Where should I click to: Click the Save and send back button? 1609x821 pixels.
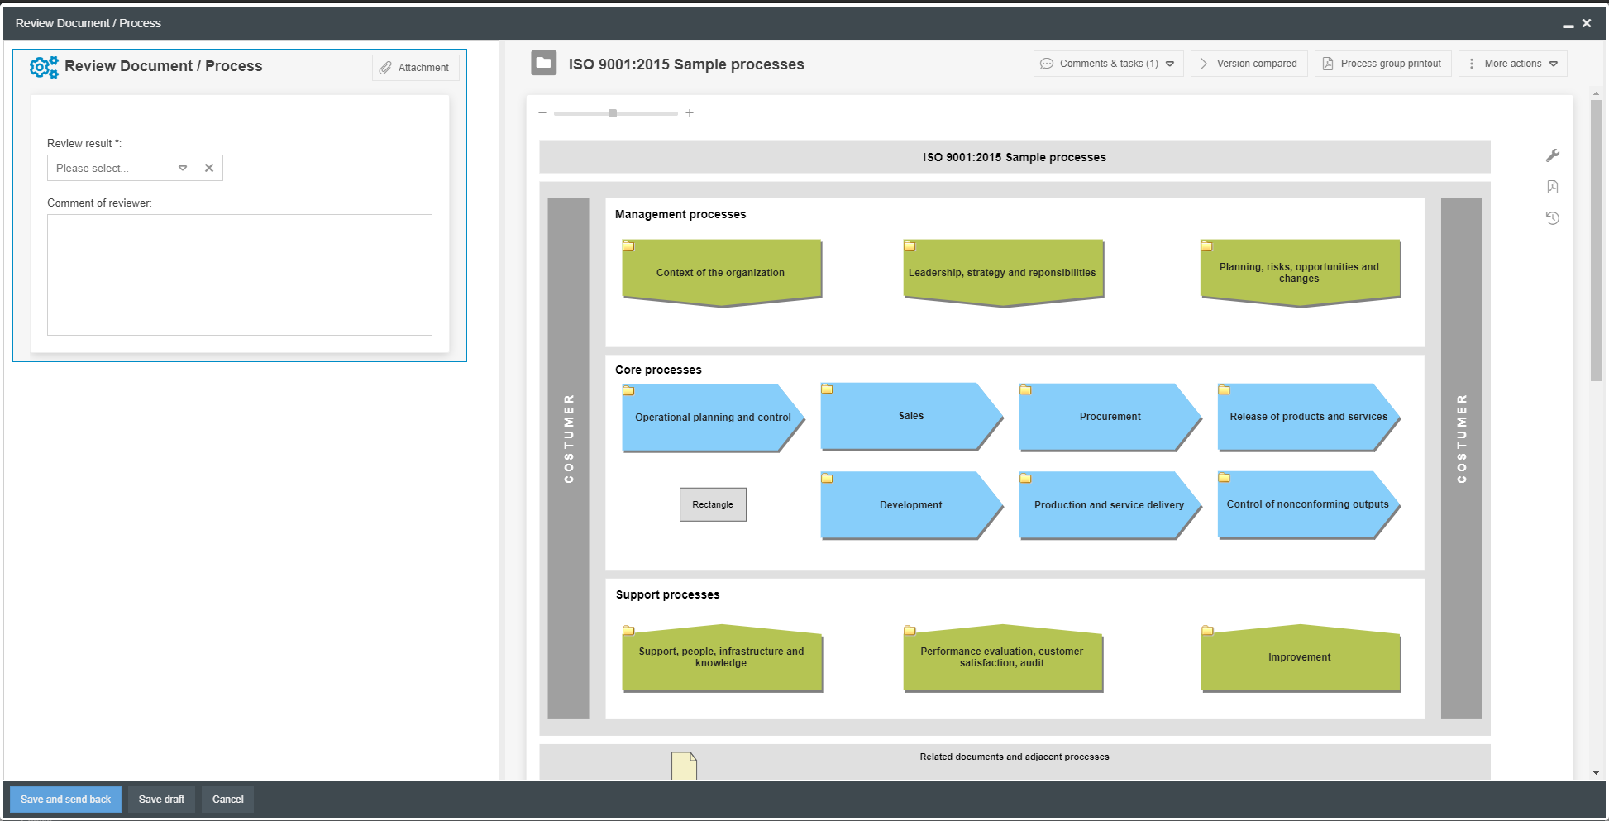pos(65,800)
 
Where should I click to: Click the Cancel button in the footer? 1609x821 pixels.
pos(227,800)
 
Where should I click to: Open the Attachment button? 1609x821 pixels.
pos(415,68)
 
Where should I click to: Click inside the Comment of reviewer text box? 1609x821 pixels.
pos(239,274)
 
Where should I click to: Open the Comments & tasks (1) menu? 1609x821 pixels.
pos(1107,64)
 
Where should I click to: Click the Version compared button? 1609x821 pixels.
pos(1249,64)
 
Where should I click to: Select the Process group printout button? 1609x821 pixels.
pos(1382,64)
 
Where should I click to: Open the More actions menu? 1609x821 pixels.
pos(1512,64)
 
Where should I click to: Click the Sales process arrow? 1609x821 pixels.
pos(910,416)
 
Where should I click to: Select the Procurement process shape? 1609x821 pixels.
pos(1109,417)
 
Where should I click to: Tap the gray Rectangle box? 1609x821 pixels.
pos(713,504)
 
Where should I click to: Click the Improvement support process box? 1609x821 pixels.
pos(1299,657)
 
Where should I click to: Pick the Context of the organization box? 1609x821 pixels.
pos(720,273)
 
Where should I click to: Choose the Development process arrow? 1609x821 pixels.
pos(910,505)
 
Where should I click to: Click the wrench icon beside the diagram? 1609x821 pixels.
pos(1553,155)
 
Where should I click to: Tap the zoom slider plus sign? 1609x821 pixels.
pos(690,113)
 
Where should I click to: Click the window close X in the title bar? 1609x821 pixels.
pos(1587,23)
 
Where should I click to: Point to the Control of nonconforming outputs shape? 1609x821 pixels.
pos(1306,504)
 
